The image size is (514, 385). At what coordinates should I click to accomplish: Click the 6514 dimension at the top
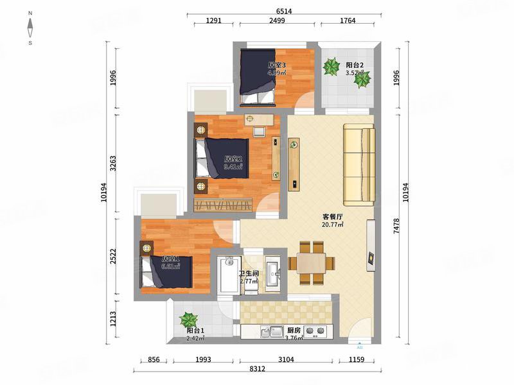tap(284, 11)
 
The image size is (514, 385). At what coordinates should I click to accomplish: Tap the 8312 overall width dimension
tap(257, 369)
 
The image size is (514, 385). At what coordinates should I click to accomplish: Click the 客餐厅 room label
tap(332, 217)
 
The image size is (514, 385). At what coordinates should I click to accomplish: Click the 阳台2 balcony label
tap(355, 65)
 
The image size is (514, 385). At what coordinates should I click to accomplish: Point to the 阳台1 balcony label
tap(195, 331)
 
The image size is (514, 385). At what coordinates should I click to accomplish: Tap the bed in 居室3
tap(258, 77)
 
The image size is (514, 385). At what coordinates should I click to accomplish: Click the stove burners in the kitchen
tap(314, 332)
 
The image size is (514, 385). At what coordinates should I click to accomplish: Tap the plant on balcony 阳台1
tap(188, 319)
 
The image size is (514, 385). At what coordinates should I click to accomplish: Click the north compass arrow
tap(31, 28)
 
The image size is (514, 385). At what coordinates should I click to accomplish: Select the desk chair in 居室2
tap(260, 132)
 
